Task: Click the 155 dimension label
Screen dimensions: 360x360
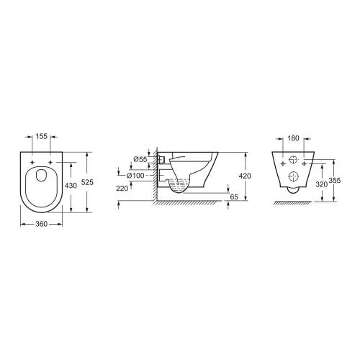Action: (x=42, y=136)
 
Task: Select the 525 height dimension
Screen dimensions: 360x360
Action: (x=87, y=182)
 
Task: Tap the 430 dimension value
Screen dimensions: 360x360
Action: (x=71, y=186)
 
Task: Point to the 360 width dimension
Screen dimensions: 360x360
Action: (x=42, y=224)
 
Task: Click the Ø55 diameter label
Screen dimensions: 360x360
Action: (x=140, y=159)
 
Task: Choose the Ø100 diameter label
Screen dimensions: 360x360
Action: (x=135, y=176)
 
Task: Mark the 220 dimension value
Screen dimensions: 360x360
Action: (x=122, y=189)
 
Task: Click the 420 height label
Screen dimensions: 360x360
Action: (x=245, y=176)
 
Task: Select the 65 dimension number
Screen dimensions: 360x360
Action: (x=234, y=197)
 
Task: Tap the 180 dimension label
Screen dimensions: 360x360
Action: (x=293, y=138)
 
